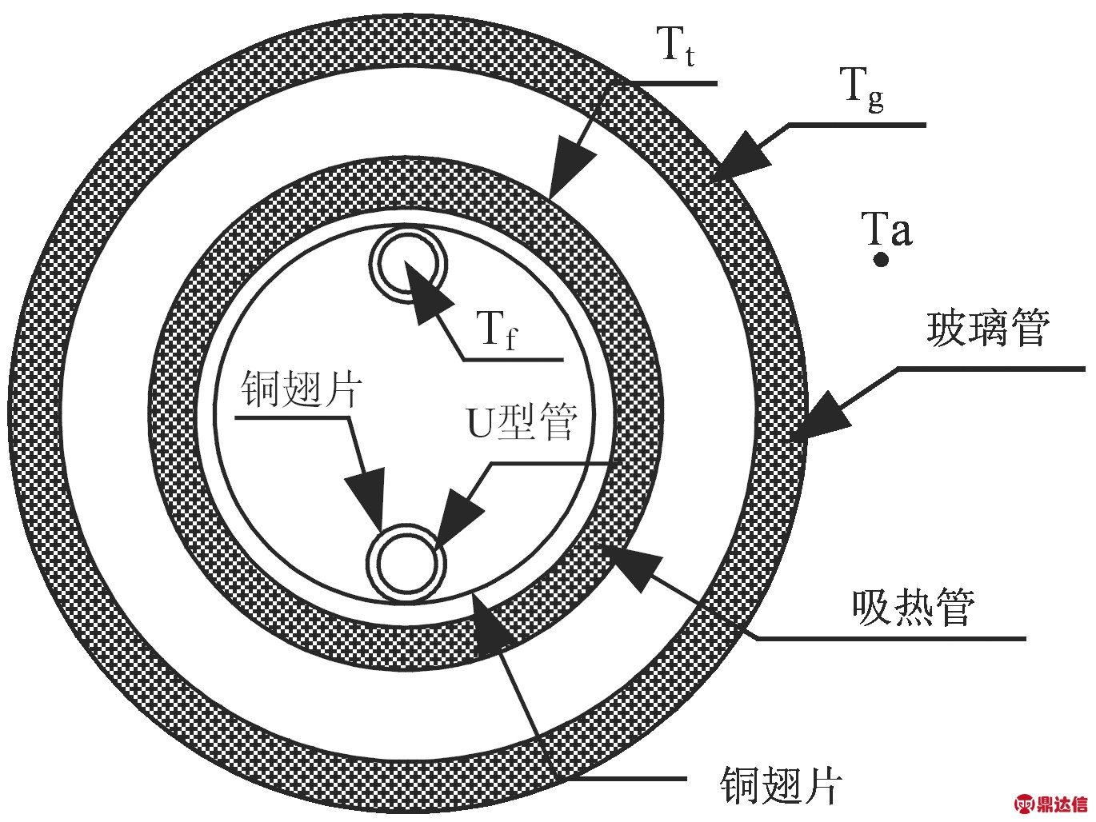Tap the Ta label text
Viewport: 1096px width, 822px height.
pos(886,229)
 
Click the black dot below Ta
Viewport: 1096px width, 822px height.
pos(881,260)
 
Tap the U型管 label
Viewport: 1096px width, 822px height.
pos(522,421)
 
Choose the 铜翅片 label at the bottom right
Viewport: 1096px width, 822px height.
pos(781,784)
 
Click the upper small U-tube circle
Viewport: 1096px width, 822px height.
pos(408,265)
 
